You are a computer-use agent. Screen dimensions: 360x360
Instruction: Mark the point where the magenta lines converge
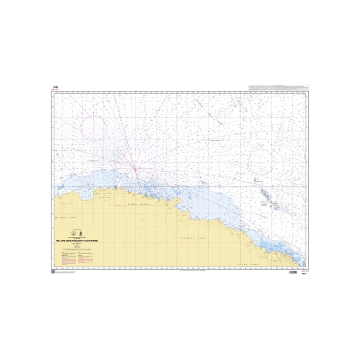pyautogui.click(x=135, y=168)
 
